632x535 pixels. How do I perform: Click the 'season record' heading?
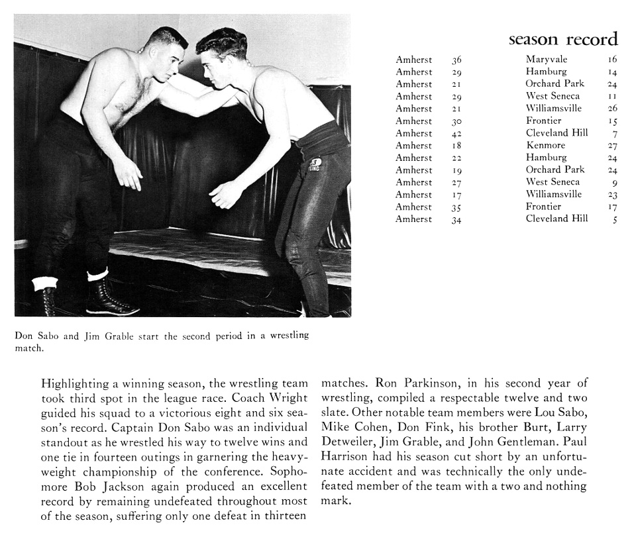(562, 39)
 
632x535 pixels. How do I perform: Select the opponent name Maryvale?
(547, 60)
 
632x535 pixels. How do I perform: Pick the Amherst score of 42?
(456, 133)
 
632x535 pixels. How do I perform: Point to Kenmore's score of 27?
(612, 146)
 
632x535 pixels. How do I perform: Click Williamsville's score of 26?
(612, 109)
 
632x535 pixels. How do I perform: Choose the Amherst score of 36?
(456, 60)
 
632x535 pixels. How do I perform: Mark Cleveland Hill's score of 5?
(615, 220)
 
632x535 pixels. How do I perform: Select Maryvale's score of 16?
(612, 60)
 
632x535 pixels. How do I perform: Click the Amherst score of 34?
(456, 220)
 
